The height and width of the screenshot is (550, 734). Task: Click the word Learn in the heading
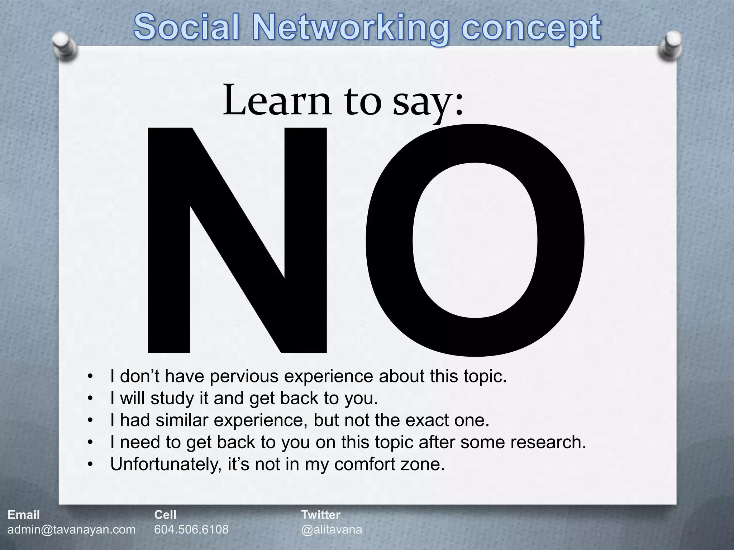277,101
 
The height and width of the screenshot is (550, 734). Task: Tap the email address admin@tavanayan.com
72,530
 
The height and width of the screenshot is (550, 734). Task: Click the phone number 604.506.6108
191,530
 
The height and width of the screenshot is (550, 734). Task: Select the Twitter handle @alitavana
332,530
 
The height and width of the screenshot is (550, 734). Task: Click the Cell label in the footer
165,515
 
